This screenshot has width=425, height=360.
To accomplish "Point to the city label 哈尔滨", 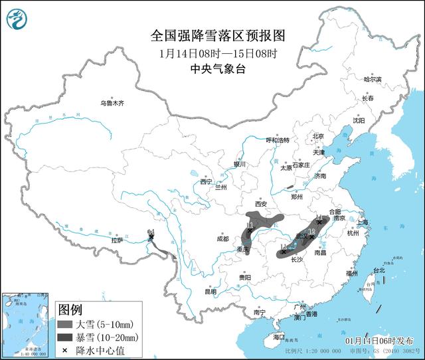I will [373, 79].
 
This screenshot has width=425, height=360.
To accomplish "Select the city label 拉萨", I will [118, 241].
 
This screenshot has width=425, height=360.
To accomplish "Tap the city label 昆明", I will [211, 291].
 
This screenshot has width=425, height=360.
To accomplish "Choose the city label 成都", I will [222, 238].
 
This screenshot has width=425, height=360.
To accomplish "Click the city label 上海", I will [362, 222].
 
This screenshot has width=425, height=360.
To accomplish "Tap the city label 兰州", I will [220, 187].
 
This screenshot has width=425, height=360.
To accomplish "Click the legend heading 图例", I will [70, 309].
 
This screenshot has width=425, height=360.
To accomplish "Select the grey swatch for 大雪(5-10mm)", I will [64, 325].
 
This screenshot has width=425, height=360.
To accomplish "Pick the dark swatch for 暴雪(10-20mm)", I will [64, 337].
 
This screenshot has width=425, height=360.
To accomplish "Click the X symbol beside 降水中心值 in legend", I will [64, 349].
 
